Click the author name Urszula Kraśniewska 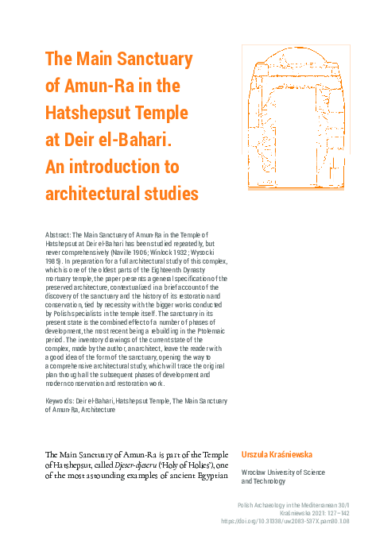[282, 454]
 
